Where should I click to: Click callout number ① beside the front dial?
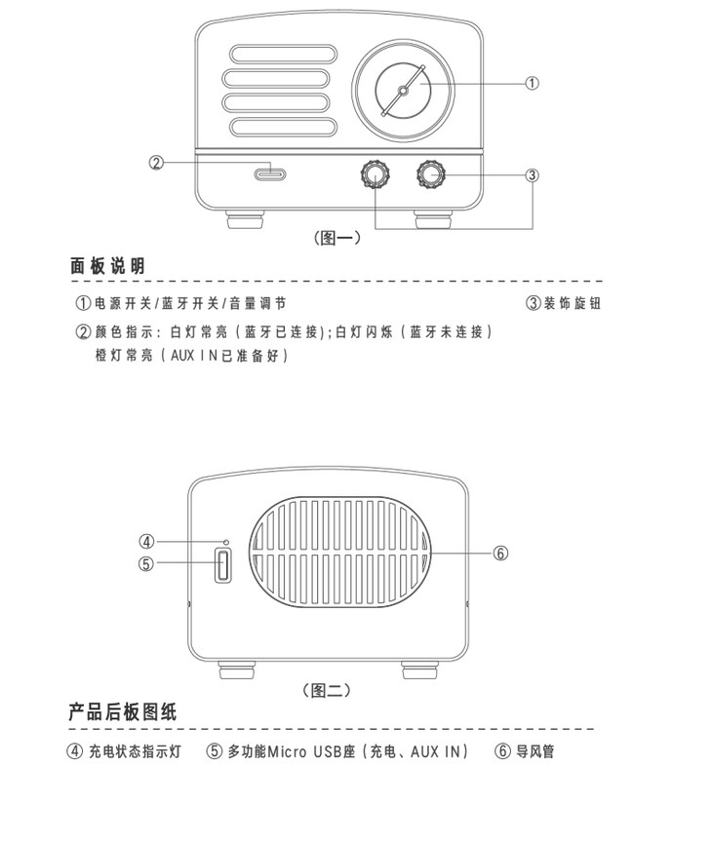click(532, 83)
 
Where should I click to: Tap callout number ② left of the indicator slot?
click(156, 163)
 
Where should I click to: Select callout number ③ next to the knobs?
click(532, 175)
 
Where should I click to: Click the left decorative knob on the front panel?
click(376, 173)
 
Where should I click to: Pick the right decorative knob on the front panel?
click(431, 173)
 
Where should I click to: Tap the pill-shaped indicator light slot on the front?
click(270, 174)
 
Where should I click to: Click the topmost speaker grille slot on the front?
click(283, 54)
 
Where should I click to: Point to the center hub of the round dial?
click(403, 91)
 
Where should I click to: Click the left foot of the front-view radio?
click(246, 220)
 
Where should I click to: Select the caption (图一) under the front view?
click(336, 237)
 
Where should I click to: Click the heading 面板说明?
click(107, 266)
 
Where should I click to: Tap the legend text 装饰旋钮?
click(572, 303)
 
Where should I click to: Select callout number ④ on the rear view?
click(146, 542)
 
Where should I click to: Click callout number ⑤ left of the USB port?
click(146, 563)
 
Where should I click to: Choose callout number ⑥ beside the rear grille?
click(500, 553)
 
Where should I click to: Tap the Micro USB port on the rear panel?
click(223, 565)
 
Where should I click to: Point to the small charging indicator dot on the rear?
click(226, 542)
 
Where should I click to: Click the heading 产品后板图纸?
click(123, 711)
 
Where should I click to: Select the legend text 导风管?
click(534, 751)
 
